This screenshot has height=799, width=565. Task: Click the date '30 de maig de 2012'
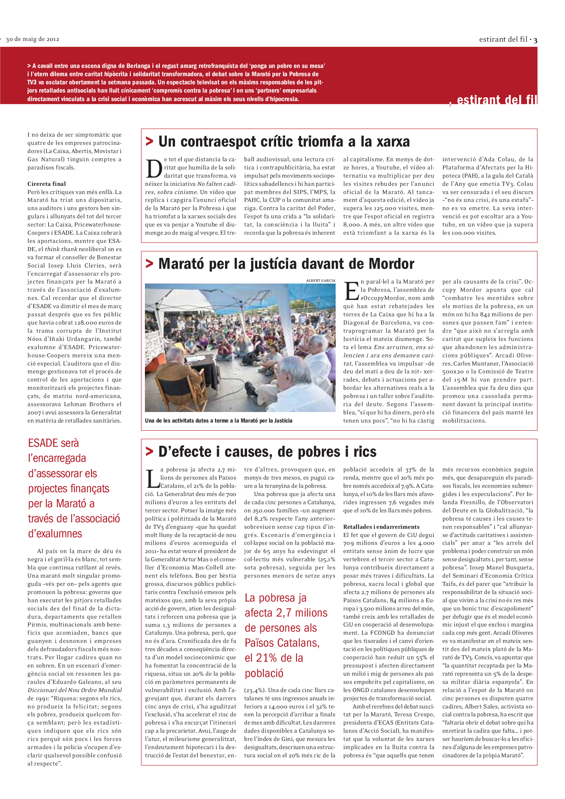(x=32, y=39)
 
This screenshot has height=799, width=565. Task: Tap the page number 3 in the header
(x=535, y=40)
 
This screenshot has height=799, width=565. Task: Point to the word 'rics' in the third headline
(x=365, y=452)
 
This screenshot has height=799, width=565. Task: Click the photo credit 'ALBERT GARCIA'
(x=321, y=280)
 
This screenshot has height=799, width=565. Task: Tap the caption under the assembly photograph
(x=219, y=421)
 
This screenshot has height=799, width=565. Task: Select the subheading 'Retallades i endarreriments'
(x=381, y=527)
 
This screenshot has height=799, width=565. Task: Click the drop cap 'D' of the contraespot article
(x=153, y=169)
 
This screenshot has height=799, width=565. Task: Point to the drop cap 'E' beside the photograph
(x=351, y=291)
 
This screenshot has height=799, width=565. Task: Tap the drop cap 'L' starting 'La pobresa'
(x=152, y=479)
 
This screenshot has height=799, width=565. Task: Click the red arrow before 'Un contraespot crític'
(x=149, y=141)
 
